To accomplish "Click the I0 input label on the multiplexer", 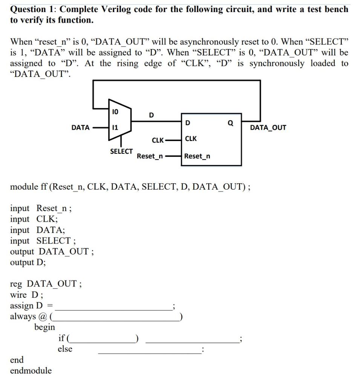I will (x=115, y=112).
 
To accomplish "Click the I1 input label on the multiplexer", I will (x=115, y=128).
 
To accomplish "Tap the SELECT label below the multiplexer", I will (x=121, y=152).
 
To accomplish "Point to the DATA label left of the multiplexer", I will (x=80, y=128).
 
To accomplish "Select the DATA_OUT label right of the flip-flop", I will (x=268, y=128).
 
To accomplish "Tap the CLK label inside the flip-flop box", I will (x=191, y=139).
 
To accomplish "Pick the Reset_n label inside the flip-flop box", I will (x=197, y=156).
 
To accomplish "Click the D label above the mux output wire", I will (x=151, y=115).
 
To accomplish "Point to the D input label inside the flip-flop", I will (x=188, y=123).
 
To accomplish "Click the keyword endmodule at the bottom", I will (x=31, y=371).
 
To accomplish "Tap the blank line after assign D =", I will (x=113, y=306).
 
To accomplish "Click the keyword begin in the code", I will (x=44, y=327).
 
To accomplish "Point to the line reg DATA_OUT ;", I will (x=46, y=284).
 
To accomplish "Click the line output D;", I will (x=28, y=262).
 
